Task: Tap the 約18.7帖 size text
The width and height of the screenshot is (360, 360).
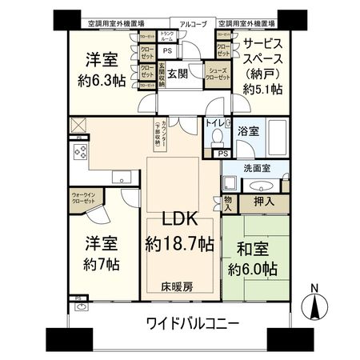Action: [x=180, y=242]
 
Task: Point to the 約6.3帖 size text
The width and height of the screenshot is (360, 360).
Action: [x=100, y=80]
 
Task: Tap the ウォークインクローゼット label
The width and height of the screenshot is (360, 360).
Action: [x=82, y=198]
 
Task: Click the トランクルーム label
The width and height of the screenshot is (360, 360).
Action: [x=168, y=36]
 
